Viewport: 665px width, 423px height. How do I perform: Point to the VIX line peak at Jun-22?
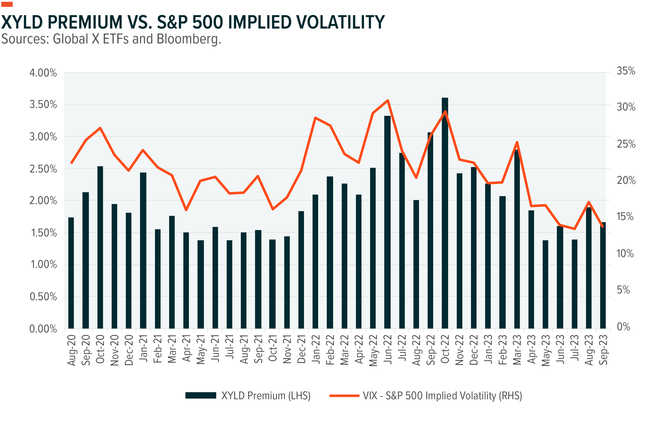pyautogui.click(x=388, y=100)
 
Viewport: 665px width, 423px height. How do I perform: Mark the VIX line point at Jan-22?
pyautogui.click(x=315, y=118)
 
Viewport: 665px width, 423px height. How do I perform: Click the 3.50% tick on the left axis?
pyautogui.click(x=43, y=105)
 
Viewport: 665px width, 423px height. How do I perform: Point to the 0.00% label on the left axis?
pyautogui.click(x=43, y=329)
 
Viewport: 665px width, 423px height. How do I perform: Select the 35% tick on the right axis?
pyautogui.click(x=626, y=71)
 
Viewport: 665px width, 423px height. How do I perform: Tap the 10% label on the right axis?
pyautogui.click(x=625, y=253)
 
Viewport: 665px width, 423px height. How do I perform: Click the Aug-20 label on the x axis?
pyautogui.click(x=72, y=350)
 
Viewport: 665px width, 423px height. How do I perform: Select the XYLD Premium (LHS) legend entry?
pyautogui.click(x=266, y=396)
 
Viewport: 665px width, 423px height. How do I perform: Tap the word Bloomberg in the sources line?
pyautogui.click(x=189, y=39)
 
